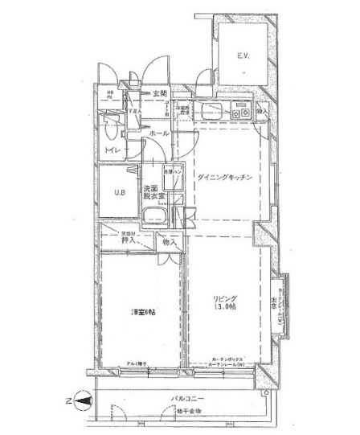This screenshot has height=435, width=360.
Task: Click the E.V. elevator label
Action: click(243, 55)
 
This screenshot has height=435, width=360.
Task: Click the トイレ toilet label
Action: click(110, 150)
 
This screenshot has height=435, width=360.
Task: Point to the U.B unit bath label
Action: click(118, 192)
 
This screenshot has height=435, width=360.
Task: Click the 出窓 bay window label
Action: click(274, 303)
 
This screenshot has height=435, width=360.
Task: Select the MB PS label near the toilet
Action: click(110, 98)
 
